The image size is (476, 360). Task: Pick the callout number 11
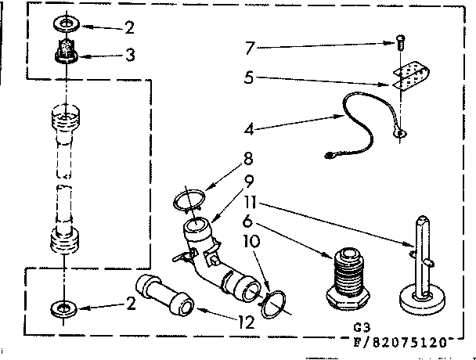pyautogui.click(x=248, y=207)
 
